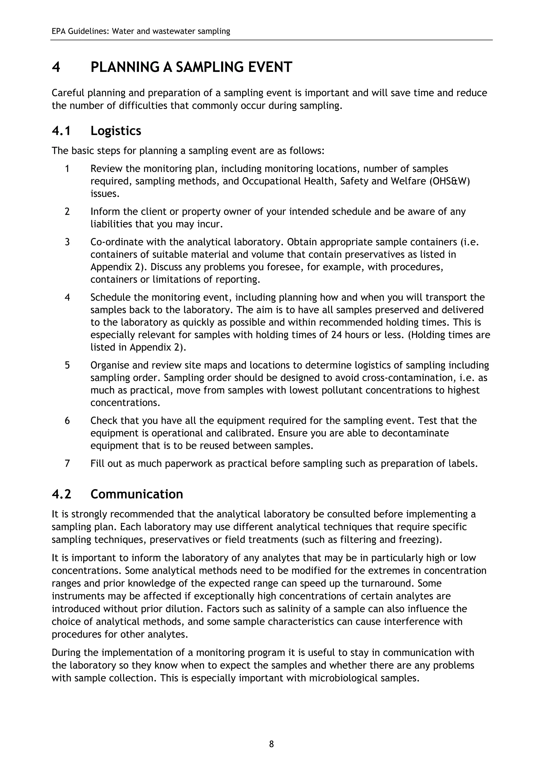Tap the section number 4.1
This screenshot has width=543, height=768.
[x=61, y=131]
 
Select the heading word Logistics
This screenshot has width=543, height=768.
[x=116, y=131]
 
